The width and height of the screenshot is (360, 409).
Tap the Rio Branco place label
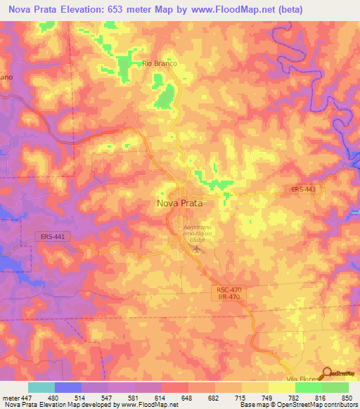click(x=159, y=63)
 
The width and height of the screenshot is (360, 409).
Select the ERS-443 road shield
click(x=304, y=189)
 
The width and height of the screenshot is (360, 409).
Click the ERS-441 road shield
click(x=53, y=237)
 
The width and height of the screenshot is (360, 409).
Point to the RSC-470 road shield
click(x=226, y=290)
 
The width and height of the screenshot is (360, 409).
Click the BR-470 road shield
click(x=226, y=297)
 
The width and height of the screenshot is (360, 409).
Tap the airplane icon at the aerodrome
click(x=196, y=249)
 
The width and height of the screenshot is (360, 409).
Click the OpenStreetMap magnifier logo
click(x=327, y=373)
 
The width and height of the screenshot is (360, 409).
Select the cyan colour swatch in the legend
click(x=41, y=387)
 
